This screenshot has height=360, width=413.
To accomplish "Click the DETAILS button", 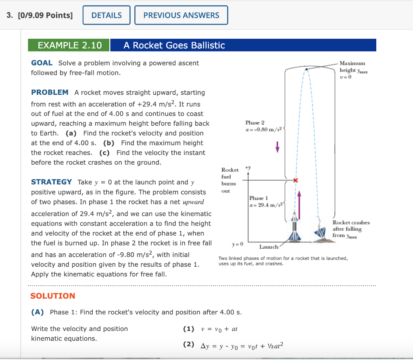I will tap(106, 15).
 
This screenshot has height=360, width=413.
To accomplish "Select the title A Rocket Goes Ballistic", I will tap(174, 45).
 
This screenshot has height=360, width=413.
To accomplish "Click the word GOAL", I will tap(42, 63).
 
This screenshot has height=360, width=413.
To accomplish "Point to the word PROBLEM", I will tap(50, 92).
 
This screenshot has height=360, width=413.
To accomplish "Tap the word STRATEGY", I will tap(52, 182).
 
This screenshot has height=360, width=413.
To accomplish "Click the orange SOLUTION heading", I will tap(53, 296).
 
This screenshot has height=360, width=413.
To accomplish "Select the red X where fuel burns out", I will tap(296, 180).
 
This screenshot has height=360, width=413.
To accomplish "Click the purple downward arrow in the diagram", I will tap(277, 148).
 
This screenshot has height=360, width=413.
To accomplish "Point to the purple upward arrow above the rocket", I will tap(299, 201).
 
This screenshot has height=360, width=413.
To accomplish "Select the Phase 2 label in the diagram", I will tap(255, 122).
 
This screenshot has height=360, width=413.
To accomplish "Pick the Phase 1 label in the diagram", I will tap(257, 198).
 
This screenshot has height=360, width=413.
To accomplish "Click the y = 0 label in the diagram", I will tap(238, 245).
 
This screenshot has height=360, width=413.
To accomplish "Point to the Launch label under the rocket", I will tap(269, 247).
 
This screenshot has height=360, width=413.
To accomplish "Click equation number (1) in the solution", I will tap(188, 329).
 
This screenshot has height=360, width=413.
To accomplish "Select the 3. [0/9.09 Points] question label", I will tap(40, 15).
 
